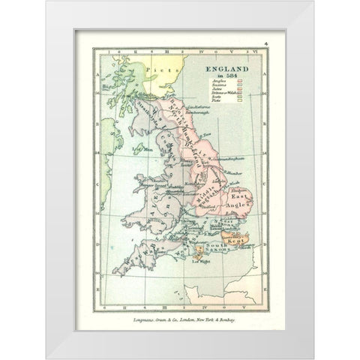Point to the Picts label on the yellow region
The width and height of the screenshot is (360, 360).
(160, 70)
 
